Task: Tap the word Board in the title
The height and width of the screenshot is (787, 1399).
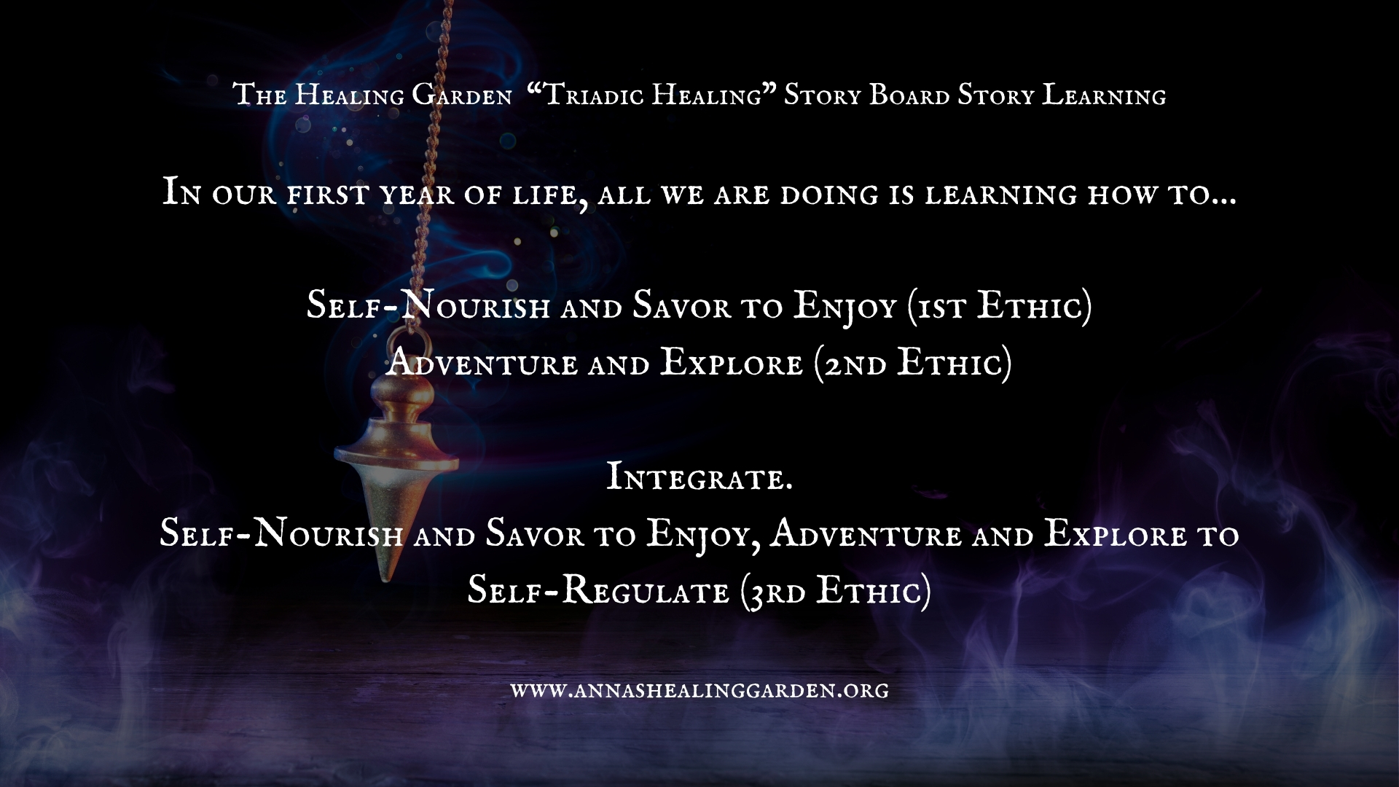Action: pyautogui.click(x=910, y=95)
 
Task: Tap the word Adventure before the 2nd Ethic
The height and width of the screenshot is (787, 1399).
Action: pyautogui.click(x=481, y=363)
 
